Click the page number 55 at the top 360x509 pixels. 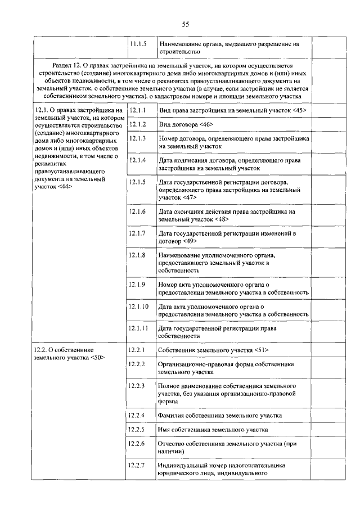click(185, 24)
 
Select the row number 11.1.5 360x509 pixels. click(138, 43)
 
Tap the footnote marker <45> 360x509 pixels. click(299, 110)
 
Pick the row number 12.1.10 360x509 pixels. click(139, 307)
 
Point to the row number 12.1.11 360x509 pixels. click(139, 328)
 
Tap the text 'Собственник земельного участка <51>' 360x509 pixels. click(214, 350)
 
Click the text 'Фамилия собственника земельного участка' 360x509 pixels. click(220, 416)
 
